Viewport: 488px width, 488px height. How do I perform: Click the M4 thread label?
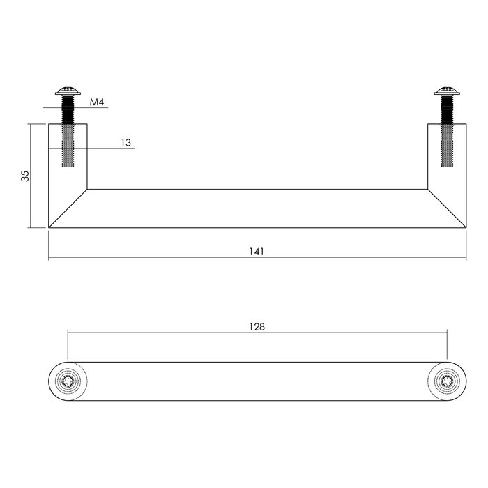[97, 102]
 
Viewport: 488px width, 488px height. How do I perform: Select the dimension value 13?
[125, 142]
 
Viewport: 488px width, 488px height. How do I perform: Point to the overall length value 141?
[257, 251]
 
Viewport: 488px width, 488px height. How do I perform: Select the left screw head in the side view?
[68, 91]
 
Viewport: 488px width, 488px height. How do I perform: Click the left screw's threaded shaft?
[68, 132]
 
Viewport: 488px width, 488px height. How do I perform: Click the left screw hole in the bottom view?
[68, 381]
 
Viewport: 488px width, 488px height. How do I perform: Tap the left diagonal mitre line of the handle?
[68, 208]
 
